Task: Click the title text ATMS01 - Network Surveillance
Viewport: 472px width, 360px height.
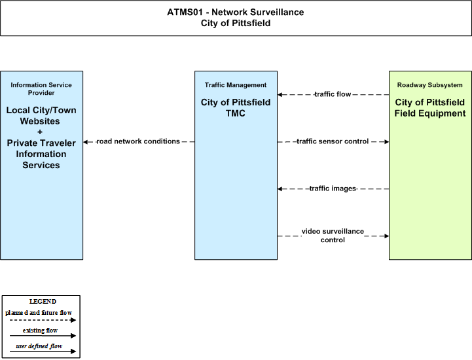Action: point(236,12)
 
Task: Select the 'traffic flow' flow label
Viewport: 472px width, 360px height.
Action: point(333,94)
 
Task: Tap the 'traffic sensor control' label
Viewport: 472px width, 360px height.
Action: point(333,141)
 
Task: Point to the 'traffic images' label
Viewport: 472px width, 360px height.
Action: point(333,189)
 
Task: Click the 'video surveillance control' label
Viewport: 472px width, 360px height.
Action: point(333,236)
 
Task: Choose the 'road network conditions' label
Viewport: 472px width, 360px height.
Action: point(138,141)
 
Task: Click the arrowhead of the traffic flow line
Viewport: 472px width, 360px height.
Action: point(280,94)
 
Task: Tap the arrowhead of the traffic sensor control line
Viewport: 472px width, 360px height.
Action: point(386,141)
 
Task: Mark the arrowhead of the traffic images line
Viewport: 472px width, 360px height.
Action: point(280,189)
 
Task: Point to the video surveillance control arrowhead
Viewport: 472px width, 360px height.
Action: point(386,236)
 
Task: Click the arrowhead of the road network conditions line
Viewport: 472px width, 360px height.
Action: point(86,142)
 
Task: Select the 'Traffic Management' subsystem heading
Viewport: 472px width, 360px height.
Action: point(236,85)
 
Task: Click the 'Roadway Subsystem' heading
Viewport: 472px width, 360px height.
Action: point(430,85)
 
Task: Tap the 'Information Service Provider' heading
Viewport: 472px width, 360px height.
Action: point(41,89)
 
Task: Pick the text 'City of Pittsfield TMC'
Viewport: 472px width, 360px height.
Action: point(236,108)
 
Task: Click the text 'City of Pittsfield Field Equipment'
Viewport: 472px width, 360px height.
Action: point(430,108)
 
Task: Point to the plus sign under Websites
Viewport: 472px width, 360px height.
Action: point(40,132)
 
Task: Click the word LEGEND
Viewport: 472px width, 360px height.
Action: point(43,302)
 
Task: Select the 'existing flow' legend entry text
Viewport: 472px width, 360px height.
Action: point(40,331)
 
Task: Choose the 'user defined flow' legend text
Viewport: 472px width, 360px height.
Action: point(39,346)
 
